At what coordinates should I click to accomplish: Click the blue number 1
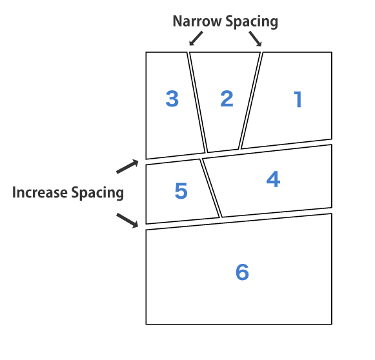click(298, 99)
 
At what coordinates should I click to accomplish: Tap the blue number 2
click(227, 99)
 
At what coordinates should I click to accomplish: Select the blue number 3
click(172, 99)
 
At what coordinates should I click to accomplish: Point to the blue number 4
click(273, 179)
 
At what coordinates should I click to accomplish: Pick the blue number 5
click(181, 190)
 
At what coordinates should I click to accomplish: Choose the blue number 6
click(242, 272)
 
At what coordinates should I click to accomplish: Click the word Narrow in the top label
click(198, 21)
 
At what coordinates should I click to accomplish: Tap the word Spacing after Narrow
click(252, 22)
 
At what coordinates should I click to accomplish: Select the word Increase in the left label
click(40, 192)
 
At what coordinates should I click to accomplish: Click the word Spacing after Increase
click(97, 193)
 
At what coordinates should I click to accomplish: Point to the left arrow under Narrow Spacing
click(196, 38)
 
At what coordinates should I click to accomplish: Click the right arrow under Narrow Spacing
click(256, 39)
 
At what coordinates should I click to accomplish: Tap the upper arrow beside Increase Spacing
click(127, 166)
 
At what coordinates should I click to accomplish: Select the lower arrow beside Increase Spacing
click(127, 221)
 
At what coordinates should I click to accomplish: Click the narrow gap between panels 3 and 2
click(198, 103)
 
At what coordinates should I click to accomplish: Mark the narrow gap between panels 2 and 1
click(250, 101)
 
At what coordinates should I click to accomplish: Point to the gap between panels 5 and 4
click(211, 188)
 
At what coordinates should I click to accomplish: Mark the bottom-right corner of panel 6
click(332, 324)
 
